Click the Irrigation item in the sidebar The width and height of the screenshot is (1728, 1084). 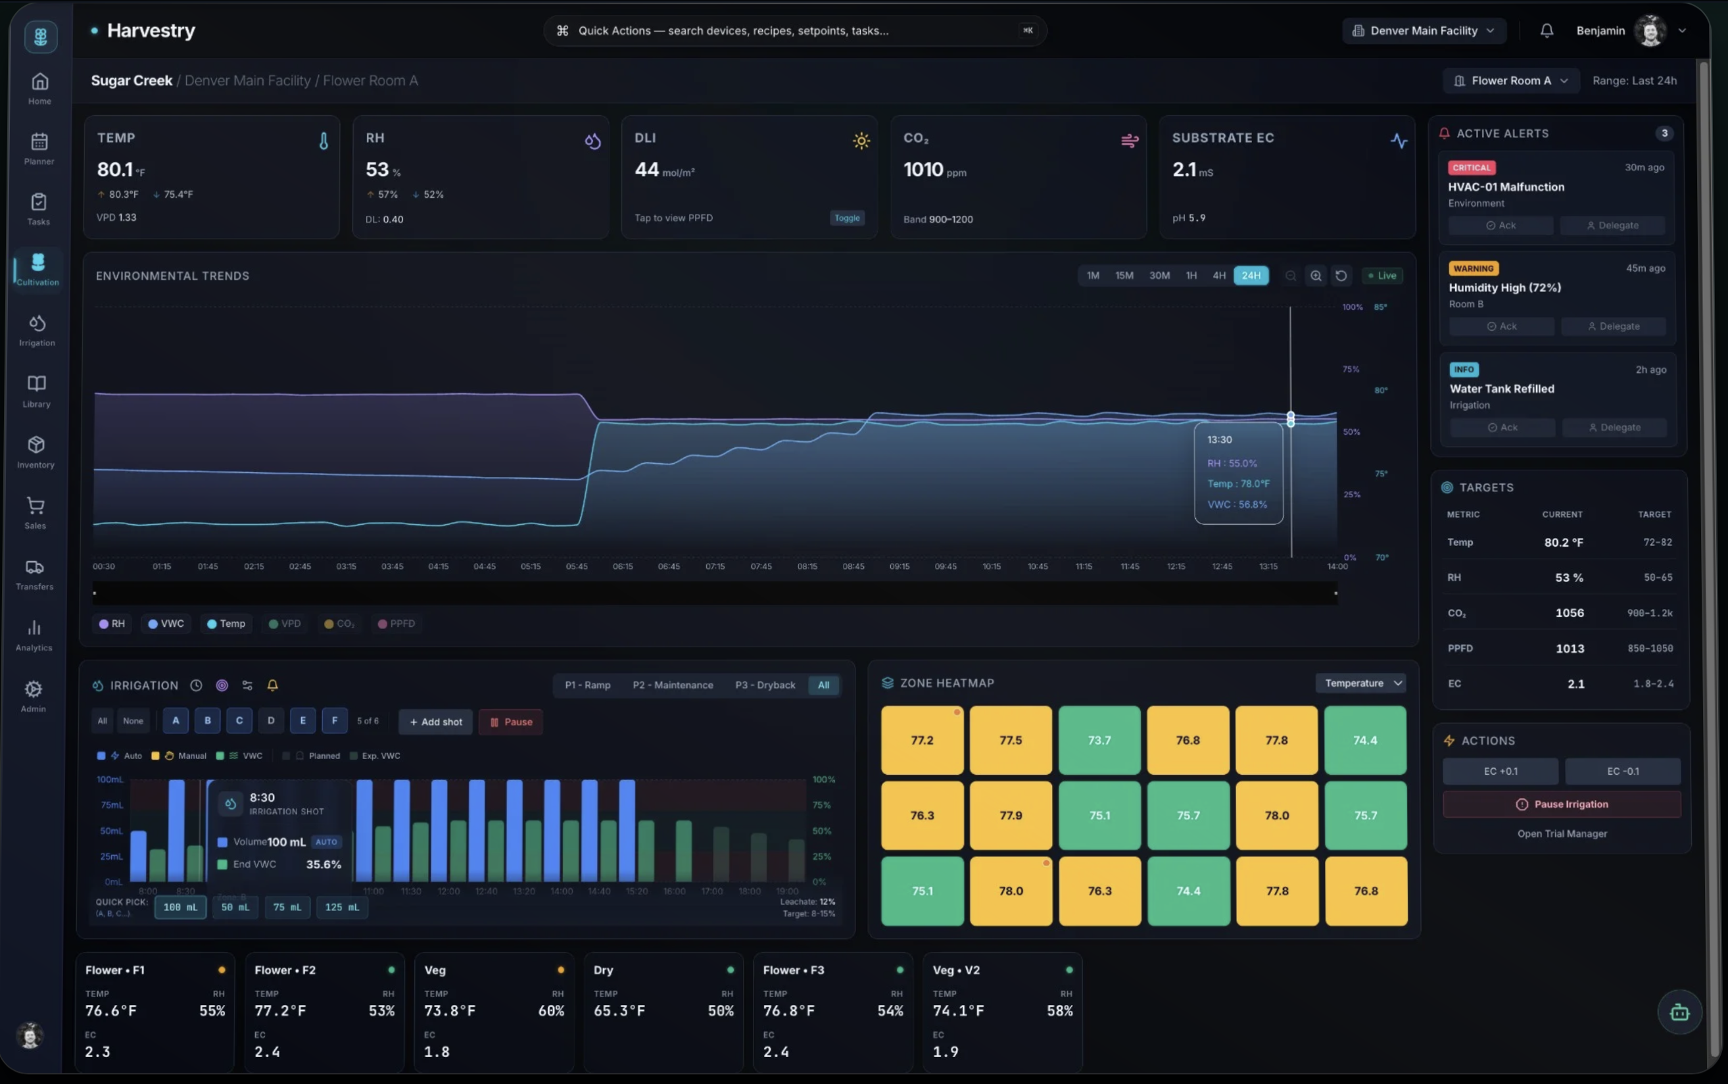point(37,330)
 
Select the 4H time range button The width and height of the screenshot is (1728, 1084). point(1218,276)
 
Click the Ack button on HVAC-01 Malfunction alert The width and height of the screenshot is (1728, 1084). point(1500,225)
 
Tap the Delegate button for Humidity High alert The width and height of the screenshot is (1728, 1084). point(1613,326)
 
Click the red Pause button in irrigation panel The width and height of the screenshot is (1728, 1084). point(510,722)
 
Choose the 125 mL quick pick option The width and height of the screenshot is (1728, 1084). point(342,907)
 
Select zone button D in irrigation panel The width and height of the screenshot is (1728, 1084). point(271,720)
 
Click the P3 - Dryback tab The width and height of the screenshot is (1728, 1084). point(765,685)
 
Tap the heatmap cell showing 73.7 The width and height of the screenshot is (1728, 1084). point(1099,740)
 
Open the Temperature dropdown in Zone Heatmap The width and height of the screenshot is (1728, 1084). point(1360,683)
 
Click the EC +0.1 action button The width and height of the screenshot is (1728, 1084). point(1500,772)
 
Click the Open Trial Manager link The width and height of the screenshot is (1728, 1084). point(1562,834)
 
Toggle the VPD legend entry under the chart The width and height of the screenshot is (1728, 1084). point(285,624)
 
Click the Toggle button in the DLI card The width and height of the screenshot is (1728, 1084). point(846,218)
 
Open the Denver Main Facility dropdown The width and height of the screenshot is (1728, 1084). point(1424,31)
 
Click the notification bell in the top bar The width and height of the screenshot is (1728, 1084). point(1547,31)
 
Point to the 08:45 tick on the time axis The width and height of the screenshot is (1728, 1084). point(853,566)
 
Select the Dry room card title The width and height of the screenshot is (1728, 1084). point(603,970)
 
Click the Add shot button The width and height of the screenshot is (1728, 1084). point(436,722)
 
